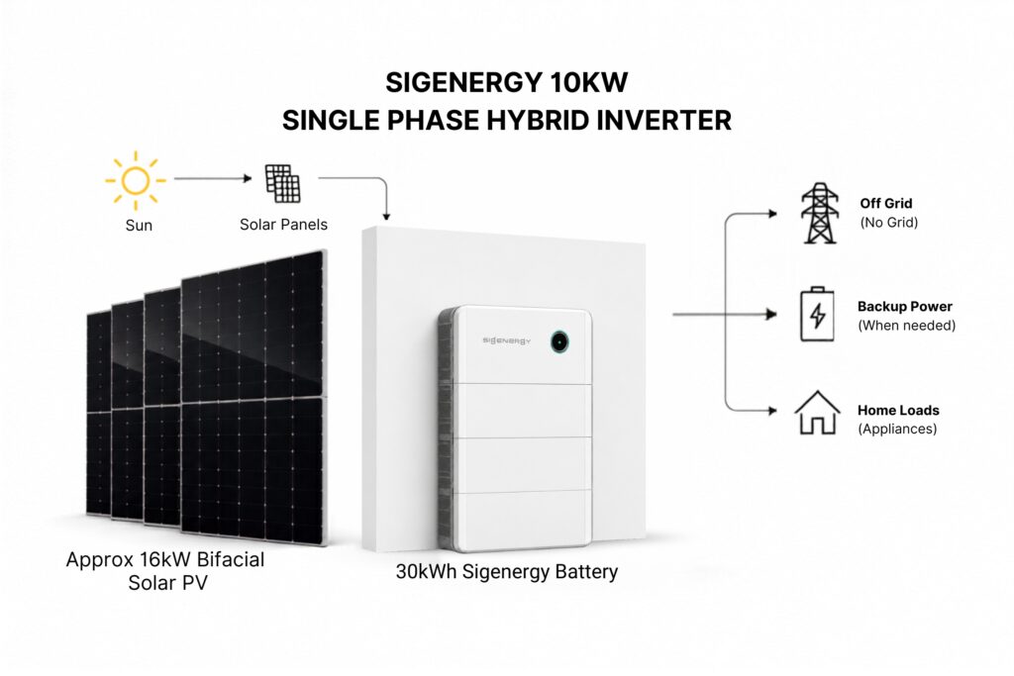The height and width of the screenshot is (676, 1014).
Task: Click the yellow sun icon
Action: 135,180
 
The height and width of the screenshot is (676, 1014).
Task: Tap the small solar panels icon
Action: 282,183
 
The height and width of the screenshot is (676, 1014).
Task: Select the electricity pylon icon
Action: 819,213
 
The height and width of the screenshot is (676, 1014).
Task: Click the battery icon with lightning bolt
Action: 817,314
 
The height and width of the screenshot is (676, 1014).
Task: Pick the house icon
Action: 817,413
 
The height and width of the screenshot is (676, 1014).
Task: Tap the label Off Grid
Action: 886,203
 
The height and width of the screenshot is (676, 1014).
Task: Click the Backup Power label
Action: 905,307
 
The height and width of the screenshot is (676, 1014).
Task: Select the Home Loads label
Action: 898,410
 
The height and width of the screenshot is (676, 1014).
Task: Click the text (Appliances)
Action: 897,429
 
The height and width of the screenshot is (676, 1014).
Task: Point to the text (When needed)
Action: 907,325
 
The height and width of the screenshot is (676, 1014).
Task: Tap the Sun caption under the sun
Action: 139,226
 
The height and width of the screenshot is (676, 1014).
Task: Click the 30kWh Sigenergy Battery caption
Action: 507,572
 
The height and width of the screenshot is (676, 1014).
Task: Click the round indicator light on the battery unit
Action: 559,341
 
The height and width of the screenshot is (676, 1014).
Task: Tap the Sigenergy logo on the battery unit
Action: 506,340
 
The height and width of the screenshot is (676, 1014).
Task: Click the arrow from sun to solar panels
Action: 213,178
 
